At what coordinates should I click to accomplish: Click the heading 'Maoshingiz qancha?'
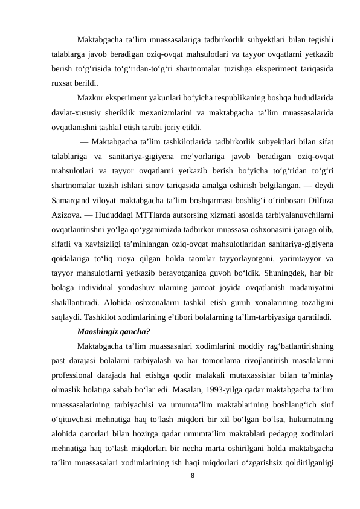114,331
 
